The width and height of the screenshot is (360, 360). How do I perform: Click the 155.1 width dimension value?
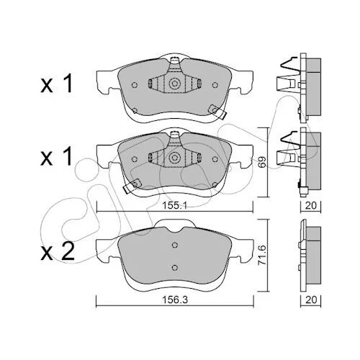coord(174,205)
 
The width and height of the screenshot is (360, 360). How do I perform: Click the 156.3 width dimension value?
coord(175,300)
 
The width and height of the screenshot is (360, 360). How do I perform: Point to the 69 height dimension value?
coord(262,163)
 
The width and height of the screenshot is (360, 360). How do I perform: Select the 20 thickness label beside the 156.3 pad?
coord(311,300)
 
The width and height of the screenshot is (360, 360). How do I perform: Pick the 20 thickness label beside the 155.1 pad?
coord(311,205)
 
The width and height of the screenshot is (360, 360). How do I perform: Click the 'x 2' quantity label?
coord(57,253)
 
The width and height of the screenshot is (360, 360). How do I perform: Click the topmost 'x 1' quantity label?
coord(56,84)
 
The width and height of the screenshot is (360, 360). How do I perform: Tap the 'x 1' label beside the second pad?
coord(56,157)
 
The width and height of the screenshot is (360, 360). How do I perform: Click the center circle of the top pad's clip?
coord(175,84)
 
